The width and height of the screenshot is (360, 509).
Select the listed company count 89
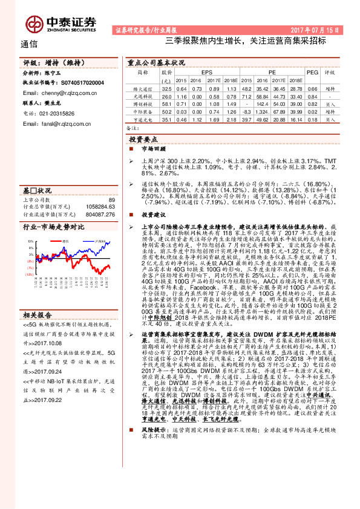[x=111, y=199]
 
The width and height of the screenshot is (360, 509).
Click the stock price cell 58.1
[x=166, y=104]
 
